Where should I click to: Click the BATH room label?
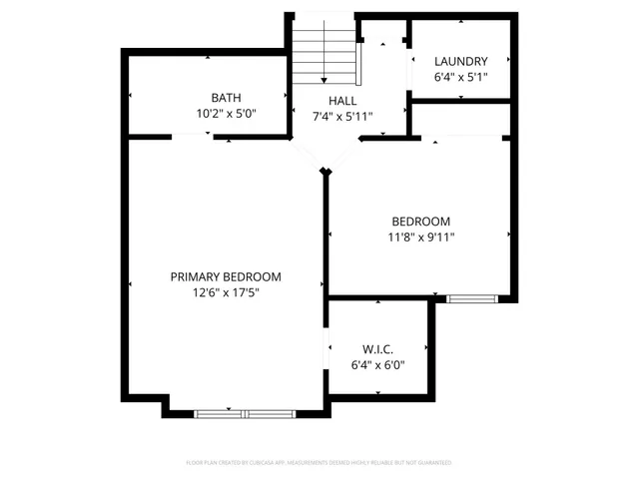226,97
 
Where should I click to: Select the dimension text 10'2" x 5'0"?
226,113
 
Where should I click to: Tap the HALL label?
343,101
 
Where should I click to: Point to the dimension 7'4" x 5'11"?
343,116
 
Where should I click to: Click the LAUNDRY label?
461,61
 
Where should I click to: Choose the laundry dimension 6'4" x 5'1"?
461,77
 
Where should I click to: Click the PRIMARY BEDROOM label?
226,276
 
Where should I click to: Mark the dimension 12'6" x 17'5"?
226,292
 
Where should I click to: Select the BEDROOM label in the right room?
420,222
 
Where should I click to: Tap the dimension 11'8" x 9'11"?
420,237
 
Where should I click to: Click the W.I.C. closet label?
377,349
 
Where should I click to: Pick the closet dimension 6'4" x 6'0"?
377,364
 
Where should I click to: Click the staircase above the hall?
323,55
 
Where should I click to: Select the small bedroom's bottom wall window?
471,297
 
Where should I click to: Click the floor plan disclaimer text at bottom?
319,463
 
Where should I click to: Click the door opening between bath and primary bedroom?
190,139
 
